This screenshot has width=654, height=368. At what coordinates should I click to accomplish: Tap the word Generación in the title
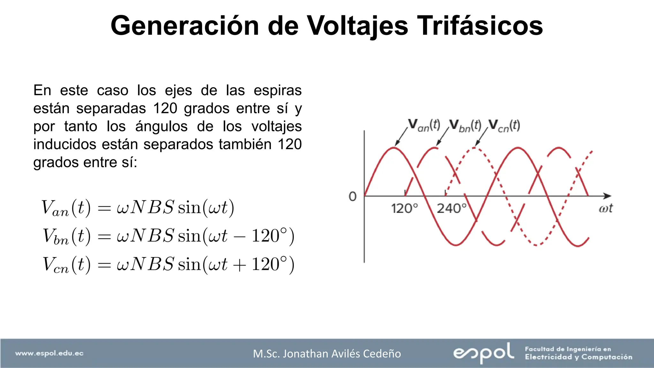185,26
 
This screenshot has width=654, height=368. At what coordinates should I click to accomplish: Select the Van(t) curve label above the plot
424,125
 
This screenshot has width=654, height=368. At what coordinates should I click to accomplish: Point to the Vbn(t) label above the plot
465,125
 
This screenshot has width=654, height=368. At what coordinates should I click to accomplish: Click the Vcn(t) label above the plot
504,125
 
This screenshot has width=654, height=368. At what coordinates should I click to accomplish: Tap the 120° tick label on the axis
404,209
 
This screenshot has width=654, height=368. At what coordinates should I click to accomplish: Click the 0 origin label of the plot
353,196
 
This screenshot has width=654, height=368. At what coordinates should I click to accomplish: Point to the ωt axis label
605,208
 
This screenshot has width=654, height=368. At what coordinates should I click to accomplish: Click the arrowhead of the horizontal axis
607,196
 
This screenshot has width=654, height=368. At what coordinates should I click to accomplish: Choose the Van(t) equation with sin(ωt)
138,208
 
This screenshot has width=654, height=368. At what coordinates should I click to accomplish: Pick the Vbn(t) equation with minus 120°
168,236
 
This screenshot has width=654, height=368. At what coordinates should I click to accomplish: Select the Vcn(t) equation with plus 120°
168,264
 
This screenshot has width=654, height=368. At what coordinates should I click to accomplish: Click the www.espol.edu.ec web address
49,353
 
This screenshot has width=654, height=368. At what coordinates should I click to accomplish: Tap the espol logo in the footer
483,353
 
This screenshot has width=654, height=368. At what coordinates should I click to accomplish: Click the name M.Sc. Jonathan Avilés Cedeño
327,354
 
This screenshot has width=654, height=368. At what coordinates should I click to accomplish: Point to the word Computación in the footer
607,357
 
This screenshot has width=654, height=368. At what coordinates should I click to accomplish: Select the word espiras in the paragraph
278,90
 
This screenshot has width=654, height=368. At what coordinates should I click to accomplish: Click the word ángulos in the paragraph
161,126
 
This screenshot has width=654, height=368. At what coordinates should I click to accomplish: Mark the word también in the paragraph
245,144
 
